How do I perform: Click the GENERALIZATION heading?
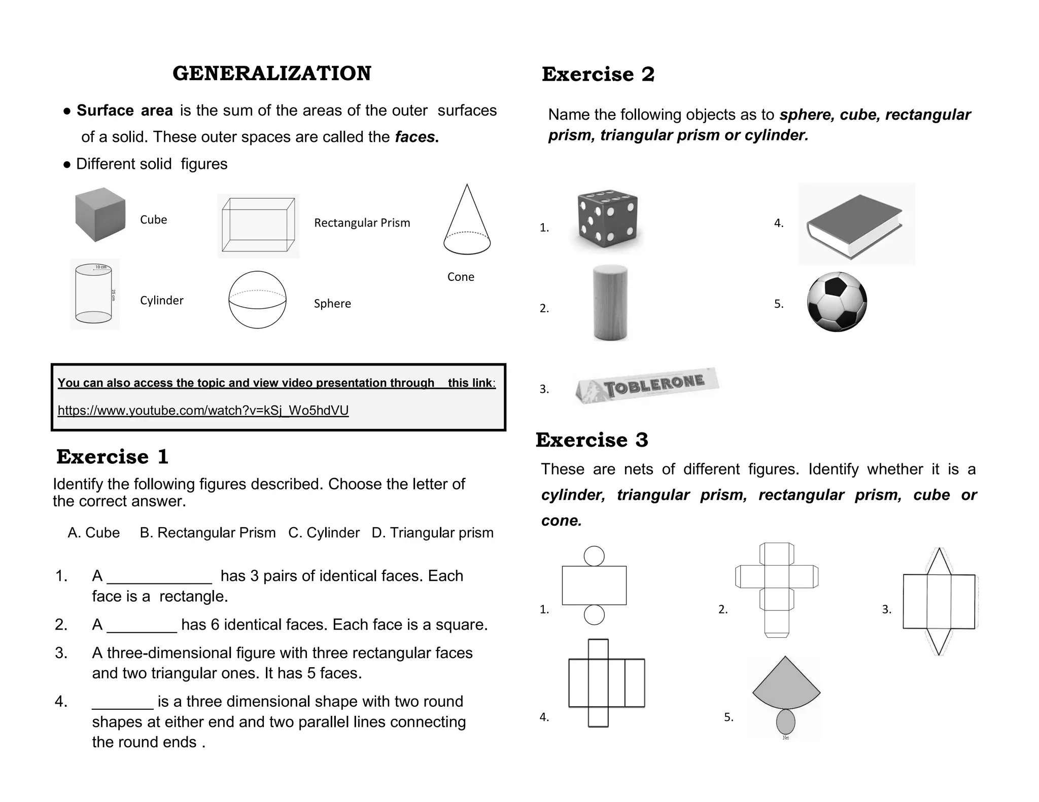(x=271, y=74)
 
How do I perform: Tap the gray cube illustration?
(x=100, y=215)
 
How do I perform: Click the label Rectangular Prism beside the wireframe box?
(x=362, y=223)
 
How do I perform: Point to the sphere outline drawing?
(x=257, y=300)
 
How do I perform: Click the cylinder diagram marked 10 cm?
(x=94, y=294)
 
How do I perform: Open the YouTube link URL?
(x=203, y=410)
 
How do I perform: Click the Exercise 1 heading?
(x=112, y=457)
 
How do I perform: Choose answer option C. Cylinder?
(x=324, y=533)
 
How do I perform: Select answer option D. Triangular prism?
(x=432, y=533)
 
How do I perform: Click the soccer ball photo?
(x=837, y=302)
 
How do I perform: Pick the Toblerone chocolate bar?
(x=647, y=386)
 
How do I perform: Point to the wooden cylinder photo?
(x=610, y=303)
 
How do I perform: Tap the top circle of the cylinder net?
(x=594, y=556)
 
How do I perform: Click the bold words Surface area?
(x=124, y=111)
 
